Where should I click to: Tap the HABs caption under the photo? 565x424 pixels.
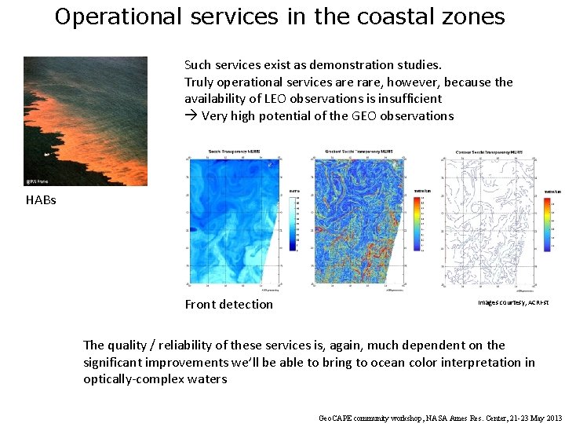point(41,200)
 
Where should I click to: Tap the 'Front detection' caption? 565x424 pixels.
point(229,305)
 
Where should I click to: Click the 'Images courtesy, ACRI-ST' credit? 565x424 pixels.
point(513,302)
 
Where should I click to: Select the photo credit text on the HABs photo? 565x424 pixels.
point(37,180)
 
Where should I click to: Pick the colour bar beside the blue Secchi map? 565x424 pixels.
point(293,223)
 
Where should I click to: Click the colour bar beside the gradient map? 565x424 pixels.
point(418,223)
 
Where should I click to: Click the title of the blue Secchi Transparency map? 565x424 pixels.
point(228,152)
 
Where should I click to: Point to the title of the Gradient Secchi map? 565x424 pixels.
point(357,152)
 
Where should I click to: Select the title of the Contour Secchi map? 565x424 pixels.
point(490,152)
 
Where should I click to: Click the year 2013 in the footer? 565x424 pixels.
point(553,419)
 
